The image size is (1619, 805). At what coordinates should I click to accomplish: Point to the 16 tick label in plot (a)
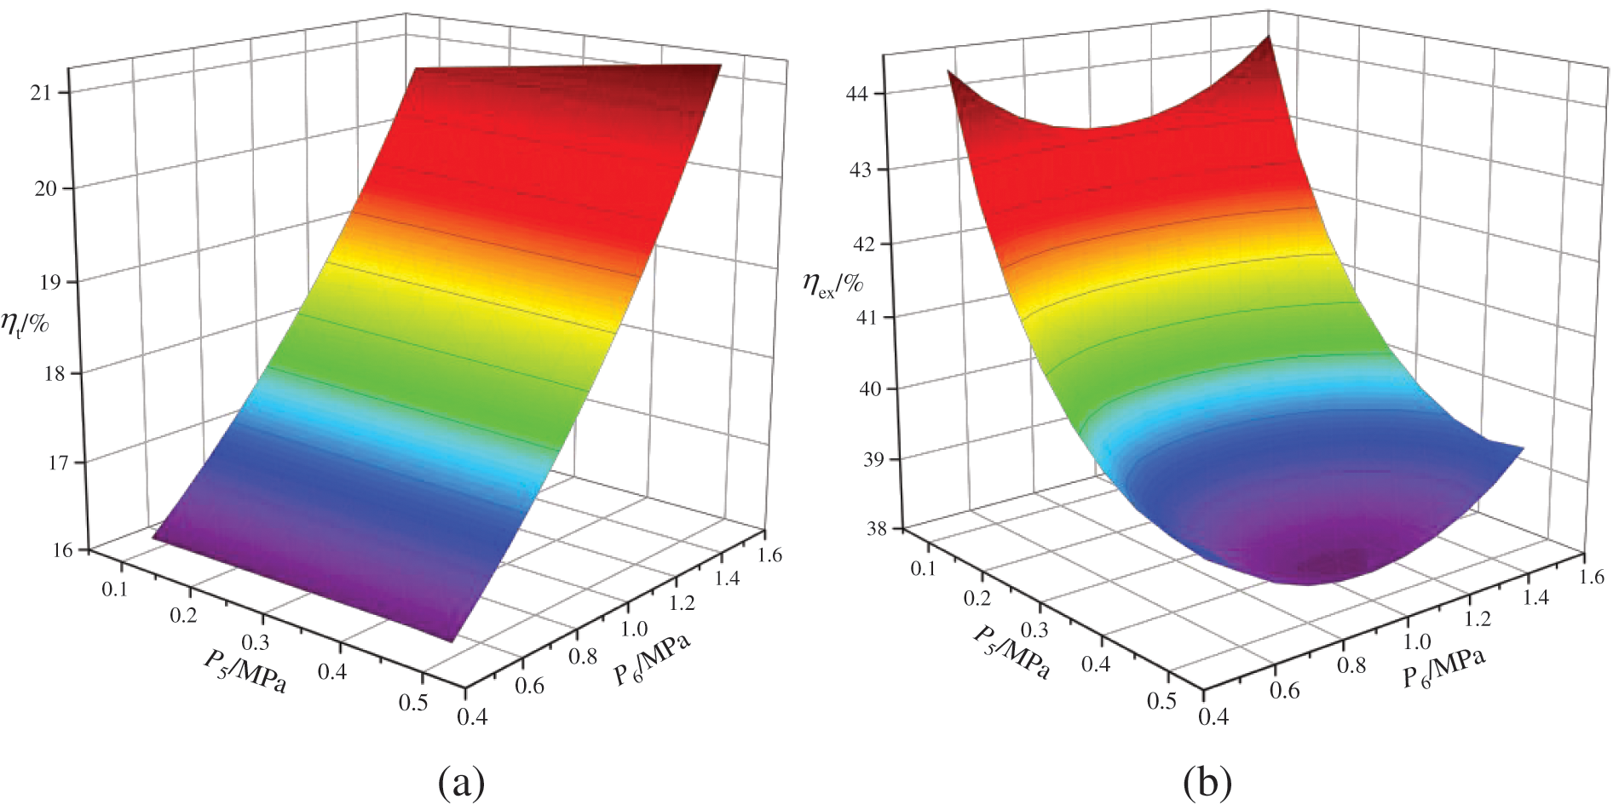click(62, 550)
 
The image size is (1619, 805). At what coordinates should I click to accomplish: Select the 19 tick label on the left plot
click(49, 282)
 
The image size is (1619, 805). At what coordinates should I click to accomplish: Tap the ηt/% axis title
click(25, 323)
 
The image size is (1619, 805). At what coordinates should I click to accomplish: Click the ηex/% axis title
click(833, 284)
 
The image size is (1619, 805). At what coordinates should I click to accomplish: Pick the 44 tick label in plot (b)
click(856, 93)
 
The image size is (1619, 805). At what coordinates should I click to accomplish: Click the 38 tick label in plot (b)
click(877, 529)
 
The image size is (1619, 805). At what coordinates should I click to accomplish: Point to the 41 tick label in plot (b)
click(866, 317)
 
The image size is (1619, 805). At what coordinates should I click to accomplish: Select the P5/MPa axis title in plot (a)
click(245, 670)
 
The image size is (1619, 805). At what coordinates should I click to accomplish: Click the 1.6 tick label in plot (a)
click(769, 555)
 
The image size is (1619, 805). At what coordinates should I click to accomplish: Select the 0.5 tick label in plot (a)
click(413, 703)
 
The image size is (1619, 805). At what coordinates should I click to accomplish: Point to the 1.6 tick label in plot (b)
click(1590, 577)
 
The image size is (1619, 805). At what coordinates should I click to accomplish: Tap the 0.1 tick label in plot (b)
click(922, 569)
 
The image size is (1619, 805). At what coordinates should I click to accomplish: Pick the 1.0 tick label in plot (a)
click(634, 629)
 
